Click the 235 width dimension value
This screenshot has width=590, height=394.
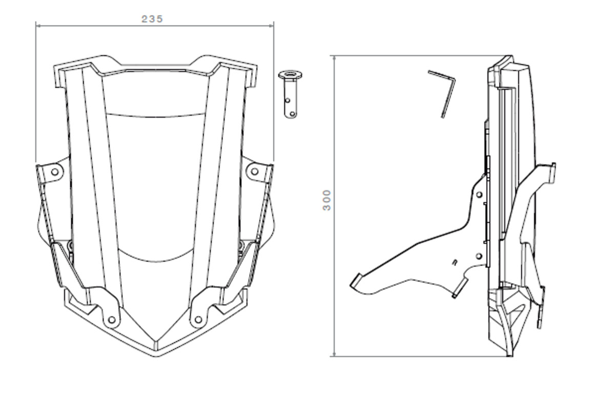[152, 19]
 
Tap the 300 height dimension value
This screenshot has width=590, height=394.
[327, 200]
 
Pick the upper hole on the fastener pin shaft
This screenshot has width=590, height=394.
[288, 100]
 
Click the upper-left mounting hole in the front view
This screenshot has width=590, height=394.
[55, 172]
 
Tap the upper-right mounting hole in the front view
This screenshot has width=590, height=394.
[254, 172]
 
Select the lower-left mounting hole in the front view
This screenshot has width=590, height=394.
[111, 320]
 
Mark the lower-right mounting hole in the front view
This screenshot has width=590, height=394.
[198, 320]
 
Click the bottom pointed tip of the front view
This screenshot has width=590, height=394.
[155, 354]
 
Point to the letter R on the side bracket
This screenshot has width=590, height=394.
[455, 262]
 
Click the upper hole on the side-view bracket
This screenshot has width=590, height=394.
[479, 195]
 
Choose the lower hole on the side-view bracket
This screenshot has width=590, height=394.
[479, 255]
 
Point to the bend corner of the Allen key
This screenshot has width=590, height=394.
[453, 77]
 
